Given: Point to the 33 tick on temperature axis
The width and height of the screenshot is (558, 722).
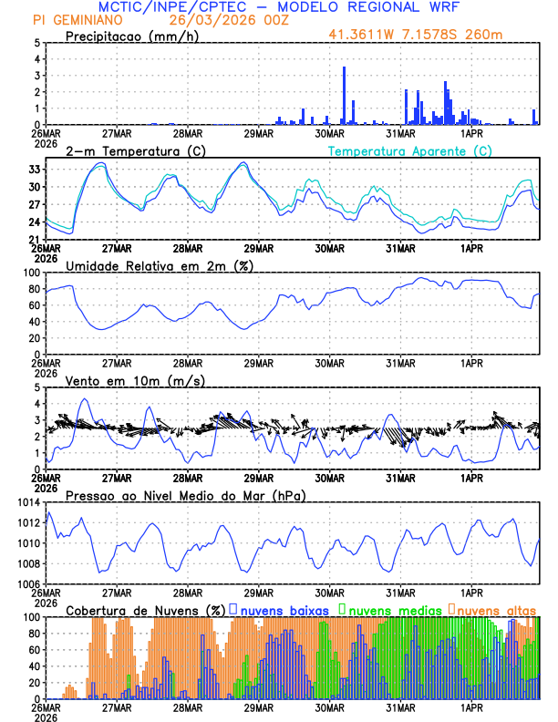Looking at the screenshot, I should [34, 170].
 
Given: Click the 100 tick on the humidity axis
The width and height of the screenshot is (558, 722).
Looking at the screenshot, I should [30, 273].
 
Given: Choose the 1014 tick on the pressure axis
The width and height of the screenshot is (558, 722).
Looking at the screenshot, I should [27, 502].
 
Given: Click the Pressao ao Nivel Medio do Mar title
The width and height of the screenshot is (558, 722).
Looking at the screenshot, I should [185, 495].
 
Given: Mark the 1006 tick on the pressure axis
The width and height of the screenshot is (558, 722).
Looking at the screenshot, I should [27, 583].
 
